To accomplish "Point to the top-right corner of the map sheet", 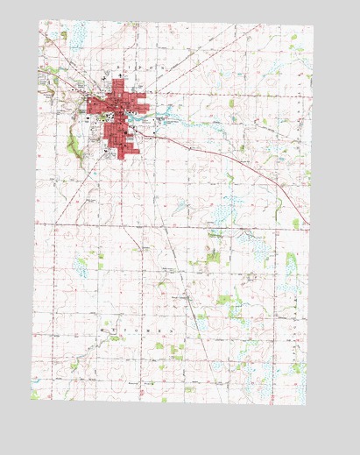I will click(313, 26).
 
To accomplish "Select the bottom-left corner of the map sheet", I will click(32, 399).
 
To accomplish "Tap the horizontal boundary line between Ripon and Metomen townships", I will click(175, 224).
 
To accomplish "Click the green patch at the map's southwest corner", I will click(36, 395).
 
